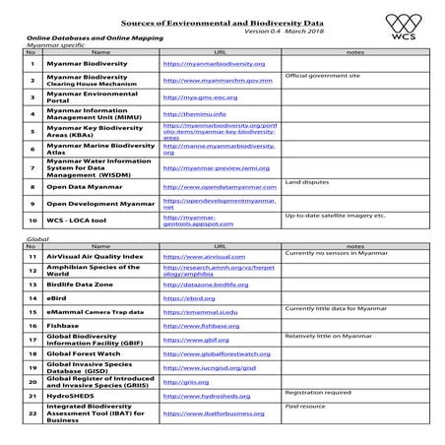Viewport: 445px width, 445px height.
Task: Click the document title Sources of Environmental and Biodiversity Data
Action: click(222, 18)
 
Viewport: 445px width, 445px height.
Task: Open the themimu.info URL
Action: click(193, 114)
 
